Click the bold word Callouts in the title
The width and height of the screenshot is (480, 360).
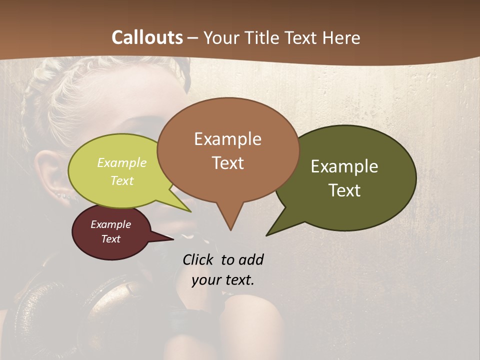[x=147, y=37]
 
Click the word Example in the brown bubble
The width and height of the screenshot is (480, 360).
[x=227, y=139]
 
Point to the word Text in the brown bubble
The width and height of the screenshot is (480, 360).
[x=227, y=163]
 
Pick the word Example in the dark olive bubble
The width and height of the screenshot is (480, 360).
[x=344, y=166]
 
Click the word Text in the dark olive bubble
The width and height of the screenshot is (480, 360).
[x=344, y=190]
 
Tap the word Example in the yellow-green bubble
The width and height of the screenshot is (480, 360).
[x=122, y=162]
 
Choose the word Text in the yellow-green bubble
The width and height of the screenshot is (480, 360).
[x=122, y=180]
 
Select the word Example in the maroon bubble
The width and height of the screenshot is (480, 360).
[x=110, y=224]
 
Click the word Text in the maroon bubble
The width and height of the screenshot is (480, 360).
[x=110, y=239]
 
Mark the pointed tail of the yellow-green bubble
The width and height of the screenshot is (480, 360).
[x=187, y=209]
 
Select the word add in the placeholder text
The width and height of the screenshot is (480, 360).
[x=250, y=259]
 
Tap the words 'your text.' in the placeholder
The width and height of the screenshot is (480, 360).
[x=222, y=280]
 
